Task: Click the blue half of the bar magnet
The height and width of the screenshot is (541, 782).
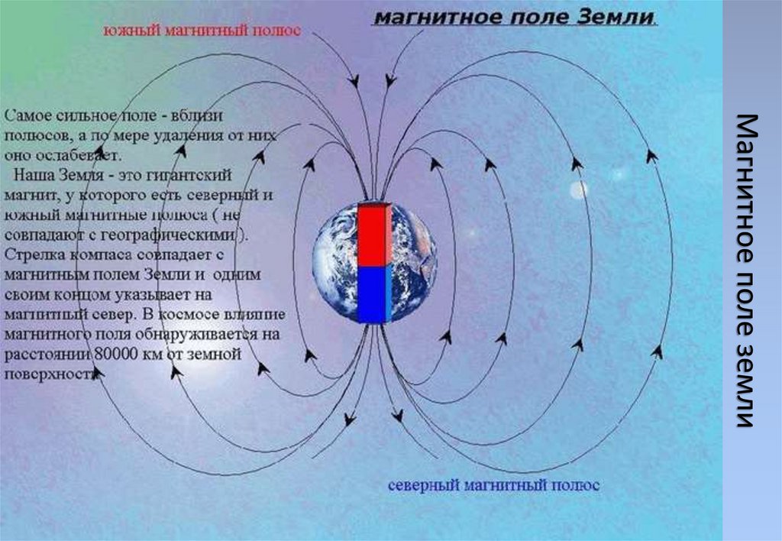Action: [373, 294]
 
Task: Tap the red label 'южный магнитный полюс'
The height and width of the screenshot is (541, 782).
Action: [202, 31]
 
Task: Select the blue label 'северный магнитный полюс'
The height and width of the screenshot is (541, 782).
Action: [493, 485]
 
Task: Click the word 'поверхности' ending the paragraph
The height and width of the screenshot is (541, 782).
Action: [50, 374]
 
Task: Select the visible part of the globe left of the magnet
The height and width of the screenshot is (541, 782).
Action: [334, 264]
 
